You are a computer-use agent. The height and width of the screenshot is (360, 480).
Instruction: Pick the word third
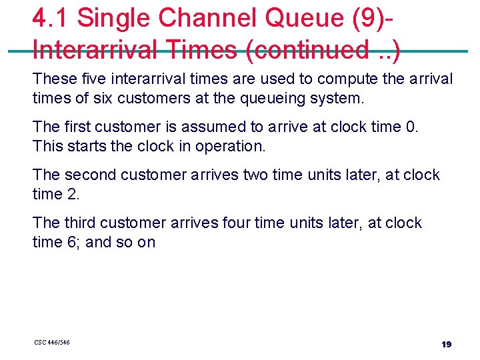[x=79, y=223]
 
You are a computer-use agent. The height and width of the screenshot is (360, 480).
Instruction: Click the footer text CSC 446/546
[x=52, y=343]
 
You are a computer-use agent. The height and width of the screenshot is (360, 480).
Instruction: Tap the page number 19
[x=446, y=344]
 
